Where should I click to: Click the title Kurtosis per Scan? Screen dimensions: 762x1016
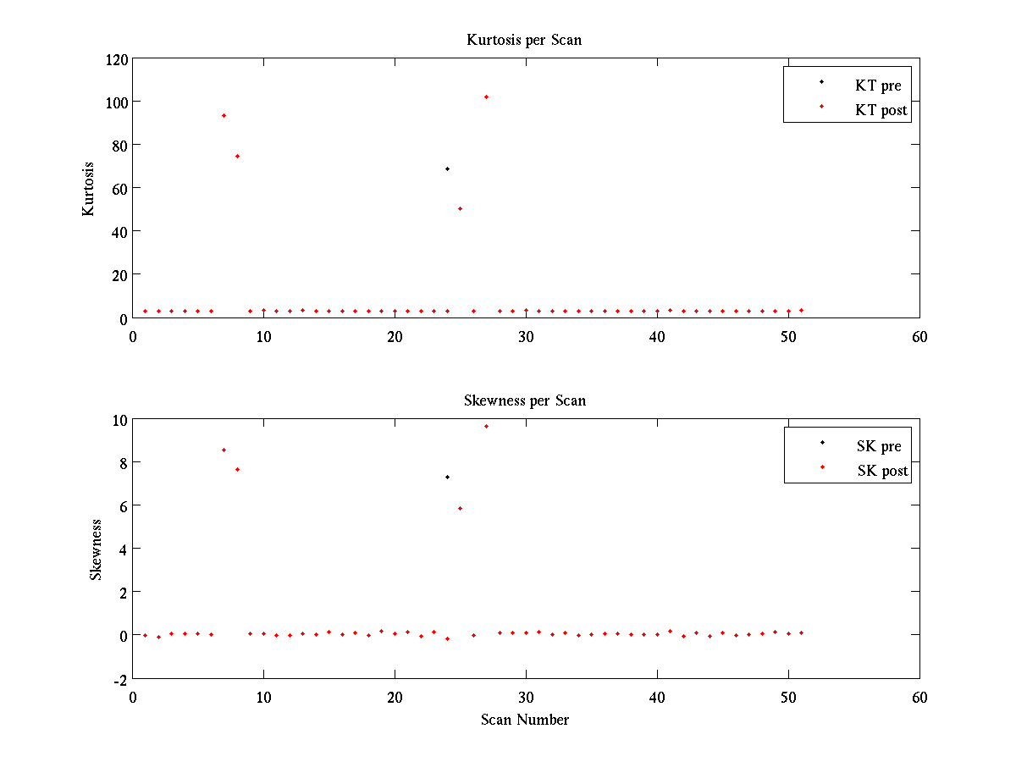524,40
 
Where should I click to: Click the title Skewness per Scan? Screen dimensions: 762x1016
524,400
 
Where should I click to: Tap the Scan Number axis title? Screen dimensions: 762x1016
525,720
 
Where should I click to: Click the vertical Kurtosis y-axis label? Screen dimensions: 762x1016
88,188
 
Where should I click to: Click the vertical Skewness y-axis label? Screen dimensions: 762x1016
96,549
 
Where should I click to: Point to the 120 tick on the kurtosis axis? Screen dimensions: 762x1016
117,59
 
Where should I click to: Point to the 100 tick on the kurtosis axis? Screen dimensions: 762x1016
117,102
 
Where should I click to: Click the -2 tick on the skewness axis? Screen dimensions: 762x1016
120,678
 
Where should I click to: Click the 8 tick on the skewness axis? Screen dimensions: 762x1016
123,462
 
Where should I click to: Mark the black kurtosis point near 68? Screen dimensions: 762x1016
447,169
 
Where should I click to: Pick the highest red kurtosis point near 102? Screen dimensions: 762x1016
486,97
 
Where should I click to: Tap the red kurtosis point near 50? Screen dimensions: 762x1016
460,208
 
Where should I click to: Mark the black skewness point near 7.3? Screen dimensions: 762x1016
447,477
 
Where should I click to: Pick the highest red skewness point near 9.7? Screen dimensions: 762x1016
486,426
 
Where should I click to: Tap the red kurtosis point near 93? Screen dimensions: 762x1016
224,115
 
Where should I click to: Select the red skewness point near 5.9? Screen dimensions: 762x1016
460,508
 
